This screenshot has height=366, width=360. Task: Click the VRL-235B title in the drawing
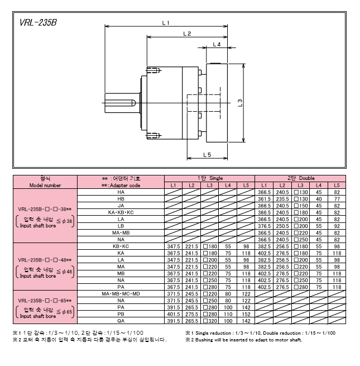coord(38,23)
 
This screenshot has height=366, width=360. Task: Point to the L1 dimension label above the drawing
coord(166,23)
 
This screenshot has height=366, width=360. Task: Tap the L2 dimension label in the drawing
coord(187,34)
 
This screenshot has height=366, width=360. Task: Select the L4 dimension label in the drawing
coord(217,44)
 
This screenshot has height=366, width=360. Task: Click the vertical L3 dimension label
coord(240,103)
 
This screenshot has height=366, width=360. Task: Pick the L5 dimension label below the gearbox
coord(207,155)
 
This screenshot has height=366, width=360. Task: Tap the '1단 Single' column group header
coord(210,178)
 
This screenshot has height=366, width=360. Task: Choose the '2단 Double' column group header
coord(301,178)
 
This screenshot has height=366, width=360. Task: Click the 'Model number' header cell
coord(45,186)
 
